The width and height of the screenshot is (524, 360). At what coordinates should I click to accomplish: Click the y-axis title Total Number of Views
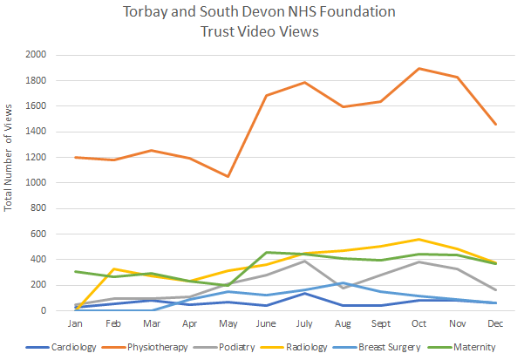(x=9, y=158)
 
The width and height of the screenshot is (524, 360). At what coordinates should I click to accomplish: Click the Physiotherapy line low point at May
(x=228, y=177)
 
